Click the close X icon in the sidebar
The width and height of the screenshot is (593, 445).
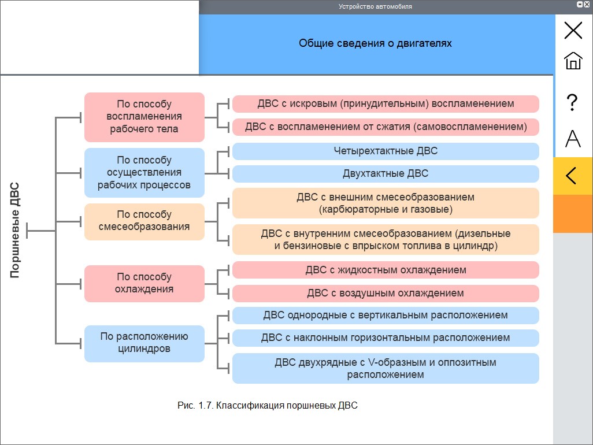[x=573, y=30]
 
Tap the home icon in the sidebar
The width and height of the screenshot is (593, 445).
[x=573, y=61]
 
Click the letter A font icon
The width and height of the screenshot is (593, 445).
[x=573, y=138]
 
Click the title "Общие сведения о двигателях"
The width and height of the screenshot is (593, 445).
[x=375, y=43]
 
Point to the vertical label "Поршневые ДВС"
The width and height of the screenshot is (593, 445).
[x=15, y=230]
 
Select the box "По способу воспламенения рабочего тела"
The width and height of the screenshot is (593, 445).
[x=144, y=117]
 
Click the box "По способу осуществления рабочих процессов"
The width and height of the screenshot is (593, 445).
[x=144, y=173]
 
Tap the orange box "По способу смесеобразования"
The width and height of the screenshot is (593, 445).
[x=144, y=221]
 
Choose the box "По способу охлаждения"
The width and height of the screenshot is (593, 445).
[x=144, y=284]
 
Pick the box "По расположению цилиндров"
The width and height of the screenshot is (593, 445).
[x=144, y=343]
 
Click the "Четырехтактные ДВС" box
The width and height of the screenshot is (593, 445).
[x=386, y=151]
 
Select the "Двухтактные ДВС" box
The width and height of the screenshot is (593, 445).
[x=386, y=174]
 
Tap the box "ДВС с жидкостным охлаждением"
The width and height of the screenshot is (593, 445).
[x=386, y=270]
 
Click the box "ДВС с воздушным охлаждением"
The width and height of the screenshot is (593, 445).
[x=386, y=294]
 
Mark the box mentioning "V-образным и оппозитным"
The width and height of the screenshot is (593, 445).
[x=386, y=368]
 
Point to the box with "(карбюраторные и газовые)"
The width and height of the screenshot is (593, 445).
[x=386, y=203]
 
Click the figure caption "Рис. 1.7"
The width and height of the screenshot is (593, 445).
[x=268, y=405]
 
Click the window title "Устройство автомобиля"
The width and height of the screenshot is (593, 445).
[x=375, y=6]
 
